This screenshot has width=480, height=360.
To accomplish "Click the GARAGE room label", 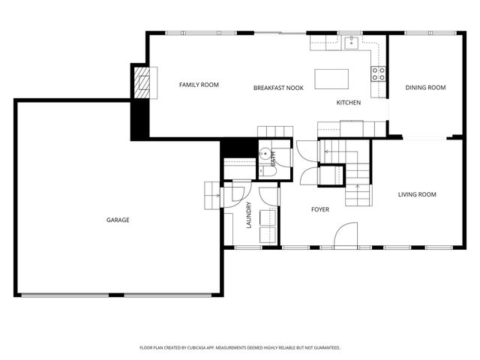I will coord(118,220).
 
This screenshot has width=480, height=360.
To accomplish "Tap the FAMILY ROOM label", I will coord(199,85).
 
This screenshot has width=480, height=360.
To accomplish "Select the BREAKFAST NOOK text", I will coord(278,88).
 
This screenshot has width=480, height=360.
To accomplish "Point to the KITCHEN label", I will coord(348,102).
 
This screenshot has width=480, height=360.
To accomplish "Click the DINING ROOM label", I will coord(425,88).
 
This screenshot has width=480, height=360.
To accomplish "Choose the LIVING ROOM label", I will coord(416,194).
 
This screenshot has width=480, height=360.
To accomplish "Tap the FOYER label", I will coord(320,209).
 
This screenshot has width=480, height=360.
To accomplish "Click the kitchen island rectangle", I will coord(332,77).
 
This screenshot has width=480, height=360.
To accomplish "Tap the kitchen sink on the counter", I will coord(350,42).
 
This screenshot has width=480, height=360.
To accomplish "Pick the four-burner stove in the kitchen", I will coord(379,73).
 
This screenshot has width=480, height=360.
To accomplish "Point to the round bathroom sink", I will coord(264,155).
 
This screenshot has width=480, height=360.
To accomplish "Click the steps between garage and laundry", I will coord(211,196).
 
